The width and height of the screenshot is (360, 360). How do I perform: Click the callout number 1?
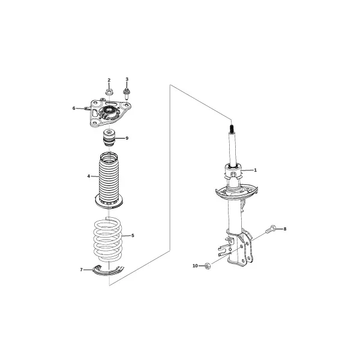(255, 170)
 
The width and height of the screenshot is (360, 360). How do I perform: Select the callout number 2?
(109, 80)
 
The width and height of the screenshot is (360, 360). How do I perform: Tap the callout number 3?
(127, 79)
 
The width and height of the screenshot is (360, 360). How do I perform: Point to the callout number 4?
(89, 176)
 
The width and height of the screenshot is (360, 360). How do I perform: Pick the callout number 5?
(133, 236)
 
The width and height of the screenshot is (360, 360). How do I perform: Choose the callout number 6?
(74, 108)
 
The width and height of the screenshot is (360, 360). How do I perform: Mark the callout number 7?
(81, 270)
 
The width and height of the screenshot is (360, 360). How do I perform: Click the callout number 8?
(285, 229)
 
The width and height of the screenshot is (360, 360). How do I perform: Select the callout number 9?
(127, 138)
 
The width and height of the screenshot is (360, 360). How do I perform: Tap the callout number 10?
(195, 266)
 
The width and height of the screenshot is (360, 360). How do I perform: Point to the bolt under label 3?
(126, 94)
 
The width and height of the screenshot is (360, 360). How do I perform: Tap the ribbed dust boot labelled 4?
(109, 180)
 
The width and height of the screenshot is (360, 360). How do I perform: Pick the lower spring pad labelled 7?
(107, 272)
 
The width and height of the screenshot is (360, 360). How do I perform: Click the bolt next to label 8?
(271, 229)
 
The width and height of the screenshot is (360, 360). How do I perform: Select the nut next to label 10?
(208, 266)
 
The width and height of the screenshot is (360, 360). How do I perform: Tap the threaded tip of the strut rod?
(232, 128)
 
